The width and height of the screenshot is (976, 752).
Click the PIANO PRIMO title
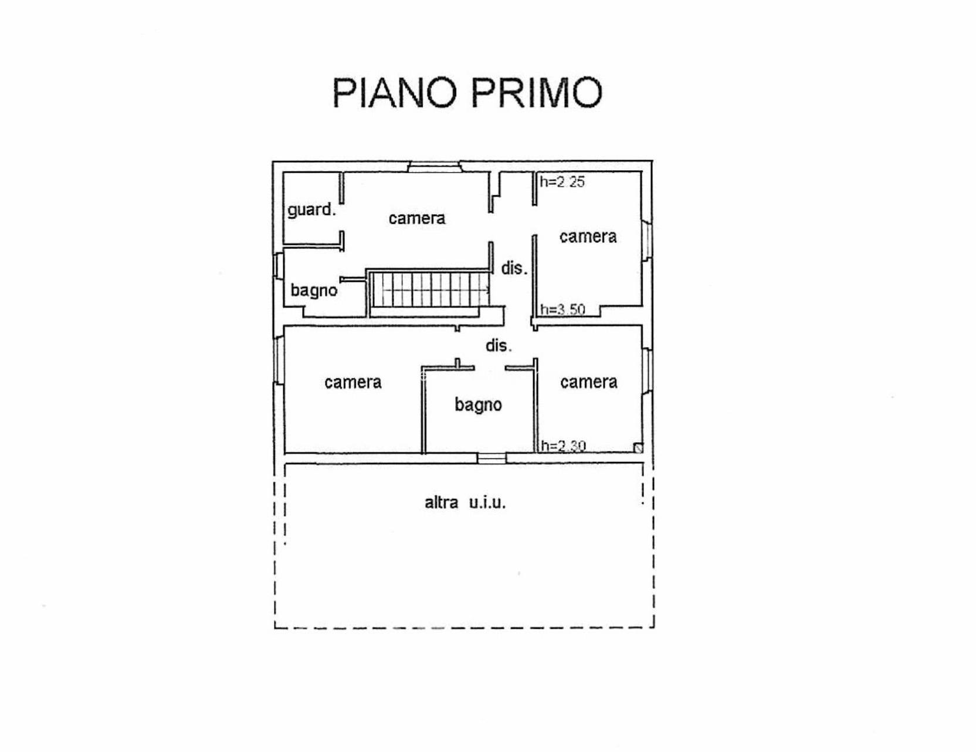point(467,93)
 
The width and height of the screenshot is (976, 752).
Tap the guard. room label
point(311,210)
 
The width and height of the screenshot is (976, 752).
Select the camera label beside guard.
point(417,218)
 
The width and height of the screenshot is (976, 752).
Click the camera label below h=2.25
point(588,237)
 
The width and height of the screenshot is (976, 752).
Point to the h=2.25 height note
point(562,181)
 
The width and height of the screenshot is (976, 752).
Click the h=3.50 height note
point(562,309)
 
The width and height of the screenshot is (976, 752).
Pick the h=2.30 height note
point(563,446)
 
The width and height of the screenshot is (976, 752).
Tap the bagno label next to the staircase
point(314,291)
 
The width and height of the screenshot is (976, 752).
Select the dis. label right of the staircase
point(514,268)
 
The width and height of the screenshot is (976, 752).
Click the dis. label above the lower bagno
point(499,345)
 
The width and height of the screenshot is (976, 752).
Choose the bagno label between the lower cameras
point(478,405)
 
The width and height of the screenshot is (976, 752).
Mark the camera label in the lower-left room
point(353,383)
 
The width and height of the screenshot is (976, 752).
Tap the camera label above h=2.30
point(588,382)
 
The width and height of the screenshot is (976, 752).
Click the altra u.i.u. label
point(465,503)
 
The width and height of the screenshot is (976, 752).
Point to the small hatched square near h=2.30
point(638,448)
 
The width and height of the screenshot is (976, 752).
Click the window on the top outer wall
point(435,166)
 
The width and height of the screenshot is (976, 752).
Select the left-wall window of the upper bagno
point(279,265)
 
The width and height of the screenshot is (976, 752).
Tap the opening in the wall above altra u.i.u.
point(492,458)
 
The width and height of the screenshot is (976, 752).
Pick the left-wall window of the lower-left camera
point(279,361)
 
